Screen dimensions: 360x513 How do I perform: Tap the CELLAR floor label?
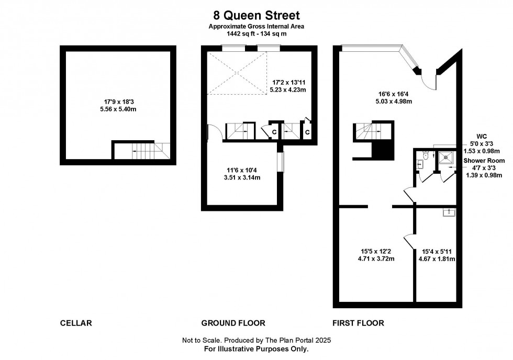[x=76, y=323]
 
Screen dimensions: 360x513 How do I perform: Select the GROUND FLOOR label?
[x=233, y=323]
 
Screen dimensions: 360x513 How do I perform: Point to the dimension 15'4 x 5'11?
[x=437, y=255]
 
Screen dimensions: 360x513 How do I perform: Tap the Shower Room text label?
[x=484, y=161]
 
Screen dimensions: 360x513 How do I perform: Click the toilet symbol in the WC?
[x=425, y=155]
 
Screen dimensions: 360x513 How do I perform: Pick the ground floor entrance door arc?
[x=215, y=132]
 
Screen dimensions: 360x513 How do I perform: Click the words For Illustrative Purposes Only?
[x=256, y=348]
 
